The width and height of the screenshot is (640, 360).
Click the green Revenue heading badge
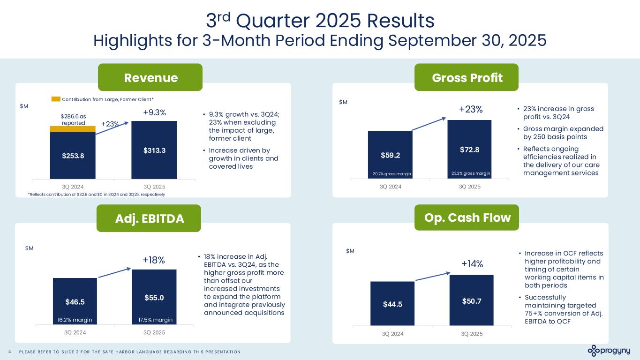tap(150, 77)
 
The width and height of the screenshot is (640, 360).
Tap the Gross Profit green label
tap(467, 77)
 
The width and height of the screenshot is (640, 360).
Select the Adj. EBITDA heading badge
tap(149, 218)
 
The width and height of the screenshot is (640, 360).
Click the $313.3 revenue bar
tap(154, 150)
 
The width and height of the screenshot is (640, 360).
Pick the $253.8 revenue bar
tap(72, 156)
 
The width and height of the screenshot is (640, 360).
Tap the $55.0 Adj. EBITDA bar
tap(154, 297)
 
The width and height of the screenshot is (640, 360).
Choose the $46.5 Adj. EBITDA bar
tap(75, 301)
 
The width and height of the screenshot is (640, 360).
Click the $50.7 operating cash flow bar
tap(471, 300)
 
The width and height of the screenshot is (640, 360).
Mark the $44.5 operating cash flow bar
tap(392, 303)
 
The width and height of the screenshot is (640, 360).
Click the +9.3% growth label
tap(154, 113)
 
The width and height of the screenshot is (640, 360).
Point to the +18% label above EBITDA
tap(154, 260)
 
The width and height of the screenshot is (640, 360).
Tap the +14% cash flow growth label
tap(472, 264)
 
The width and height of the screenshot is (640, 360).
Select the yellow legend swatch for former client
tap(56, 99)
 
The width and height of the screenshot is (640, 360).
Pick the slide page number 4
tap(10, 352)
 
